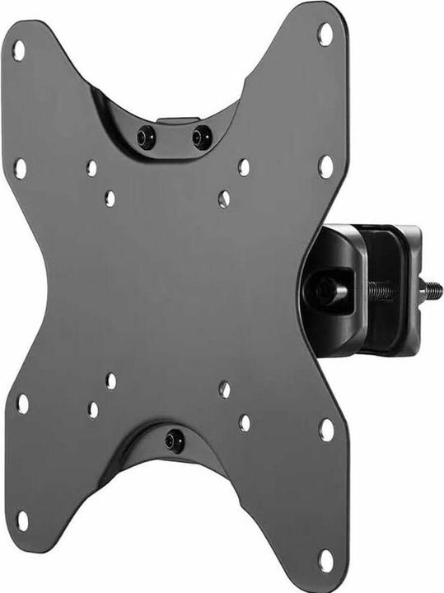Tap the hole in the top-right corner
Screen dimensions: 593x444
pyautogui.click(x=325, y=34)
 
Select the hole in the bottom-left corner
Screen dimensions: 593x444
pyautogui.click(x=24, y=521)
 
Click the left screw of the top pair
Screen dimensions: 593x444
pyautogui.click(x=147, y=135)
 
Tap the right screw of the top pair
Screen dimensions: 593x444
pyautogui.click(x=200, y=136)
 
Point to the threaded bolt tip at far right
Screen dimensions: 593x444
pyautogui.click(x=433, y=290)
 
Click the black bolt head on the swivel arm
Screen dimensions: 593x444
pyautogui.click(x=324, y=289)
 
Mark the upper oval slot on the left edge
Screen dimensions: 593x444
pyautogui.click(x=21, y=167)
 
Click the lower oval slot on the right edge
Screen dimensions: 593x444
pyautogui.click(x=327, y=429)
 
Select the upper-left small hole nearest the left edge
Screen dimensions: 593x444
pyautogui.click(x=91, y=168)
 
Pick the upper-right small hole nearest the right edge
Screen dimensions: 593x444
pyautogui.click(x=244, y=167)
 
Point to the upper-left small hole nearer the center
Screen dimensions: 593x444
pyautogui.click(x=110, y=198)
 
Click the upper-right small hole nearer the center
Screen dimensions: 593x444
pyautogui.click(x=223, y=198)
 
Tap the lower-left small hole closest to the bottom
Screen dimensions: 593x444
pyautogui.click(x=93, y=409)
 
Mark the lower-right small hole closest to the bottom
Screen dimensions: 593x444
pyautogui.click(x=244, y=423)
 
